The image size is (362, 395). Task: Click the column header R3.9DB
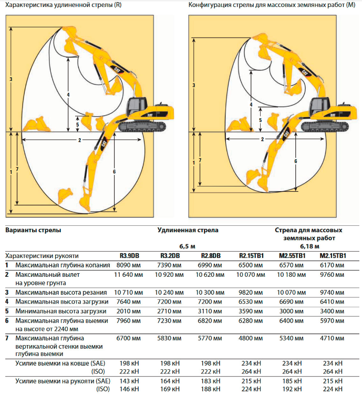pyautogui.click(x=129, y=256)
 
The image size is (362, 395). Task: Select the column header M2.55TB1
pyautogui.click(x=292, y=256)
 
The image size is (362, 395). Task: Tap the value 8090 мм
pyautogui.click(x=129, y=265)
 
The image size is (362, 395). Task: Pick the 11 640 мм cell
pyautogui.click(x=129, y=275)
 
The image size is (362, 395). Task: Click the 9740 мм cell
pyautogui.click(x=332, y=293)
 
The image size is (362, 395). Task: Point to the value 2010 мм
pyautogui.click(x=129, y=311)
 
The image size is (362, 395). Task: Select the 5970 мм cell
pyautogui.click(x=332, y=321)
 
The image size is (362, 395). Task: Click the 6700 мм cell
pyautogui.click(x=129, y=338)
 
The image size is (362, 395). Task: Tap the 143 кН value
pyautogui.click(x=129, y=381)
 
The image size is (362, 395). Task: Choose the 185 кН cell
pyautogui.click(x=292, y=381)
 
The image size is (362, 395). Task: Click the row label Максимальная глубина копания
pyautogui.click(x=63, y=265)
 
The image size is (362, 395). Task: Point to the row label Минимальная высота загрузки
pyautogui.click(x=61, y=311)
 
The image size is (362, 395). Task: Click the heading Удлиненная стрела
pyautogui.click(x=188, y=230)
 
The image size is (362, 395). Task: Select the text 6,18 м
pyautogui.click(x=309, y=246)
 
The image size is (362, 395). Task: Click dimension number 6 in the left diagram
pyautogui.click(x=114, y=172)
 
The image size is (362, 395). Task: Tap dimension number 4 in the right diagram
pyautogui.click(x=251, y=105)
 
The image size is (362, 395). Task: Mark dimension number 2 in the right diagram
pyautogui.click(x=262, y=139)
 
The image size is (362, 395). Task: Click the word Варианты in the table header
pyautogui.click(x=19, y=230)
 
